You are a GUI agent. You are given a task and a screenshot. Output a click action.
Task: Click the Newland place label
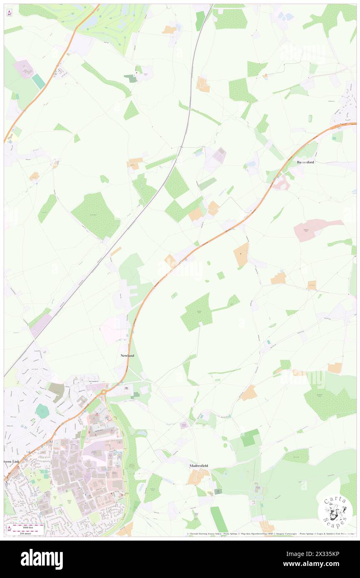[127, 356]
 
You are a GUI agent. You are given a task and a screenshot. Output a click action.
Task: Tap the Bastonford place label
[306, 162]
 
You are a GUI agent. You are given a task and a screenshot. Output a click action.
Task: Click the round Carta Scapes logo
[335, 512]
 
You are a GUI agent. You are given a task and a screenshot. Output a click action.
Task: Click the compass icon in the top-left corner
[10, 13]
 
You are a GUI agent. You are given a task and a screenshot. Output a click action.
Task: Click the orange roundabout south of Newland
[104, 391]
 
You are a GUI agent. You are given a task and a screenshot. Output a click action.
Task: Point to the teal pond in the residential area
[42, 411]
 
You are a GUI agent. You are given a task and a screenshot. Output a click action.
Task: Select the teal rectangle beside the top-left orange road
[39, 81]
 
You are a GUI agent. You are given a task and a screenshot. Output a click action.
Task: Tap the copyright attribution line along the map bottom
[270, 534]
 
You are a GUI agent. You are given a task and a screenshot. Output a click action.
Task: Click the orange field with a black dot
[241, 254]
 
